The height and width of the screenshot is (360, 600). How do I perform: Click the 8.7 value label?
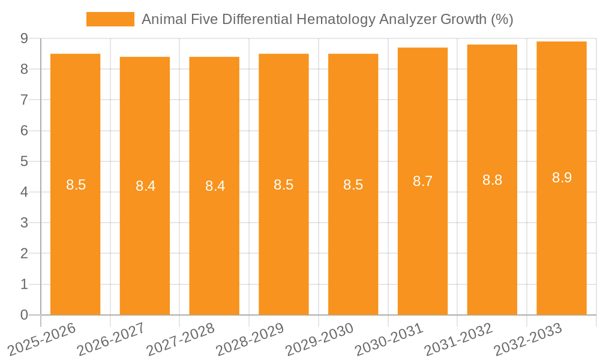[x=422, y=181]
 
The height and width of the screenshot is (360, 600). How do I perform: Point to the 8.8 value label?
[x=492, y=180]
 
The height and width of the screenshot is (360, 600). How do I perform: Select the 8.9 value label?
[x=562, y=178]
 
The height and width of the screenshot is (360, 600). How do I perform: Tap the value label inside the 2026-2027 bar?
[x=145, y=186]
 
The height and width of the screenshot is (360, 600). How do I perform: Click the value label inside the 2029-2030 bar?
[x=353, y=185]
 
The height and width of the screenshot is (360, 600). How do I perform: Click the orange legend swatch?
[x=110, y=19]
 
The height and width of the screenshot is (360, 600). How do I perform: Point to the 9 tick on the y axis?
[x=24, y=38]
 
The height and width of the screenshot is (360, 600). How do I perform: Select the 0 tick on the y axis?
[x=24, y=315]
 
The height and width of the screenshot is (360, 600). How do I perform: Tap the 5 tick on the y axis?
[x=24, y=161]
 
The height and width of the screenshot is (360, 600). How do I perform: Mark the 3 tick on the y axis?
[x=24, y=223]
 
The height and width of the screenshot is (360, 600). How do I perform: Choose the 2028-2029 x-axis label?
[x=250, y=339]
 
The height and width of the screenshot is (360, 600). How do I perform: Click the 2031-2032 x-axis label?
[x=458, y=339]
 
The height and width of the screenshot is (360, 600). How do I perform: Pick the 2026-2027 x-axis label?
[x=112, y=339]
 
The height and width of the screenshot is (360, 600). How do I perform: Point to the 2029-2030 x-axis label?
[x=320, y=339]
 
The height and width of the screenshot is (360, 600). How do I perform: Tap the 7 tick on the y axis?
[x=24, y=100]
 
